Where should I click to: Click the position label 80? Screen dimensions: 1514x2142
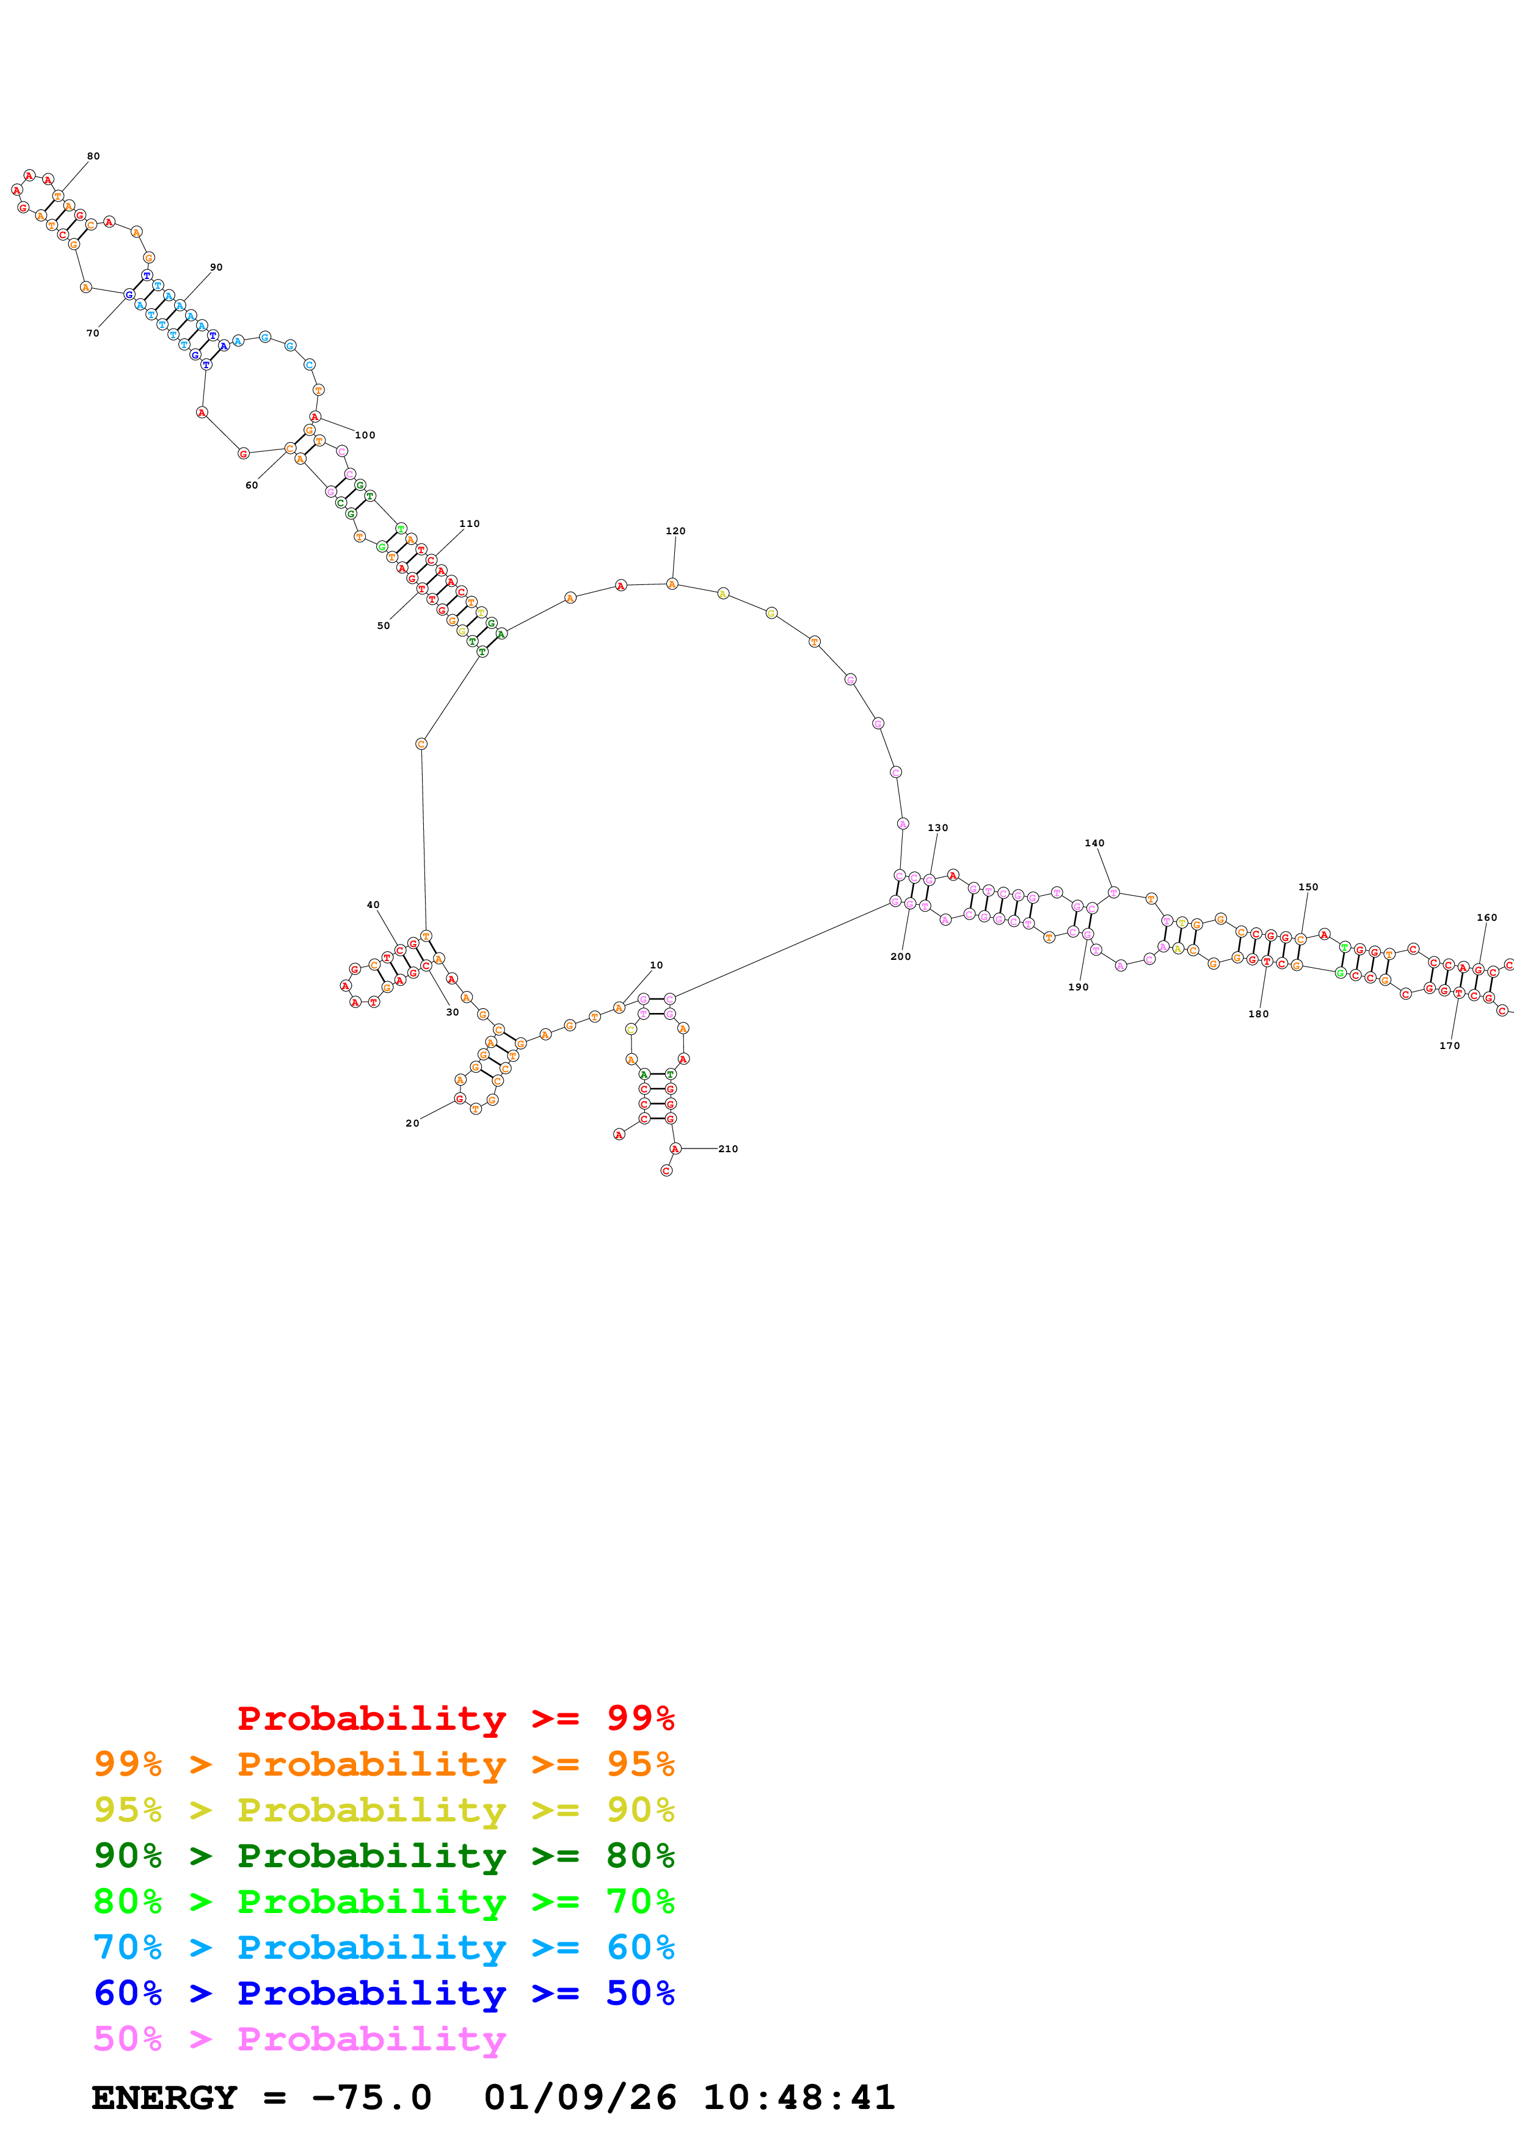click(93, 156)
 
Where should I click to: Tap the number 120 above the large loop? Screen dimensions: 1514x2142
click(675, 531)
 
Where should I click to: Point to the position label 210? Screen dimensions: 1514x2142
click(729, 1149)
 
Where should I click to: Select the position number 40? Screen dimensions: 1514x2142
click(373, 905)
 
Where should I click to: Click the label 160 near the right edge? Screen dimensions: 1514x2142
click(1487, 917)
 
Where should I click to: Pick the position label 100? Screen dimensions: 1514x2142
click(365, 435)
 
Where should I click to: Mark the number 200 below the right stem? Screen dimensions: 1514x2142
click(900, 956)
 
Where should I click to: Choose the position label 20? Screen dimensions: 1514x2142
click(412, 1124)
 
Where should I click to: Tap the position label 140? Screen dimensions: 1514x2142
click(1094, 843)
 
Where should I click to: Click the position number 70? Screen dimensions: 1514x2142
click(92, 333)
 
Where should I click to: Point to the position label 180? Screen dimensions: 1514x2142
click(1258, 1014)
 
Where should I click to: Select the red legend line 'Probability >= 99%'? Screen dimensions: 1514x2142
click(456, 1718)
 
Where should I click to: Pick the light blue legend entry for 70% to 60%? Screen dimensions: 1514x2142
click(384, 1947)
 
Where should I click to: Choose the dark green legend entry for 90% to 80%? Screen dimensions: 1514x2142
click(384, 1856)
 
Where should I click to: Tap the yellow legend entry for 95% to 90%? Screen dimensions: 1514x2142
click(384, 1810)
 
